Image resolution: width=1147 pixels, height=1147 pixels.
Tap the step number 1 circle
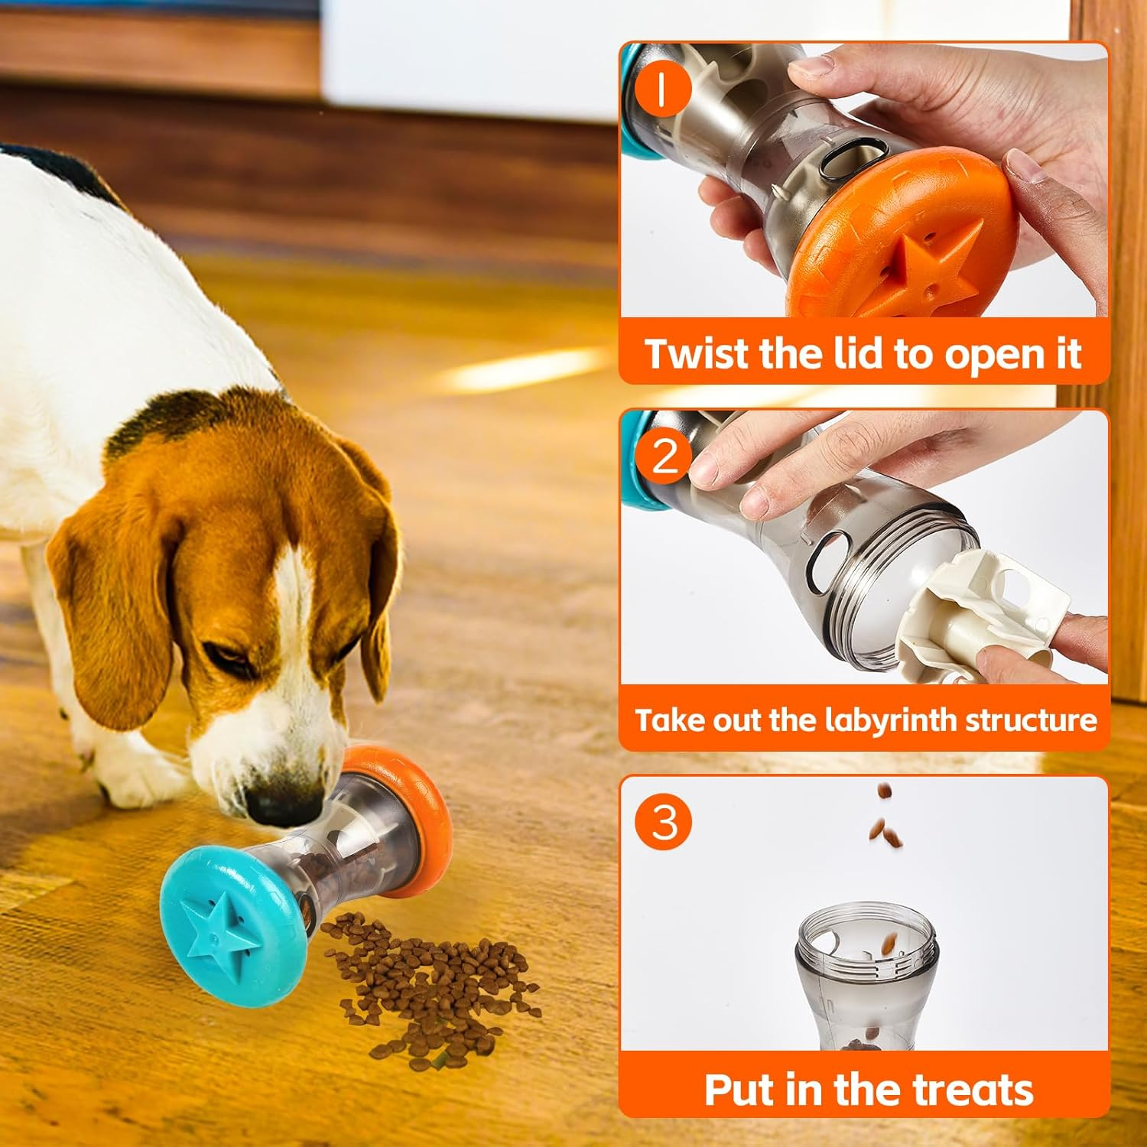click(x=663, y=89)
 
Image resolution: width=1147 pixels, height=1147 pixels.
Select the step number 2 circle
click(x=664, y=456)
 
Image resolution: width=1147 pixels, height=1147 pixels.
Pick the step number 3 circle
click(x=664, y=822)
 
